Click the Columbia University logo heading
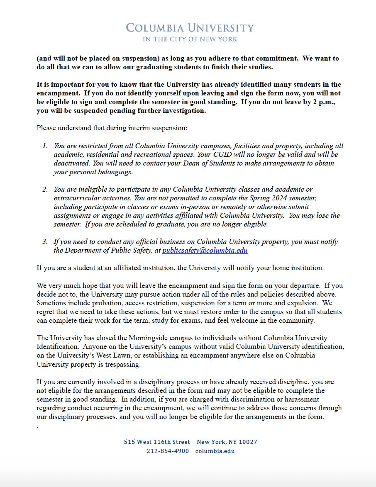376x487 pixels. coord(190,28)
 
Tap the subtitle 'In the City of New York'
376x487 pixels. coord(190,39)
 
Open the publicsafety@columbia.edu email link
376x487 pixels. coord(205,251)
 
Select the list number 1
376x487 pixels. coord(45,146)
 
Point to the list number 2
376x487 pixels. coord(45,190)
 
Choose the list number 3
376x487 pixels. coord(45,242)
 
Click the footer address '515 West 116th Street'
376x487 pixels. coord(157,442)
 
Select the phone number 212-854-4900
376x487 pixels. coord(167,451)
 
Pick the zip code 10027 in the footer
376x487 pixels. coord(248,442)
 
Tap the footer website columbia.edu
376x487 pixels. coord(215,451)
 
